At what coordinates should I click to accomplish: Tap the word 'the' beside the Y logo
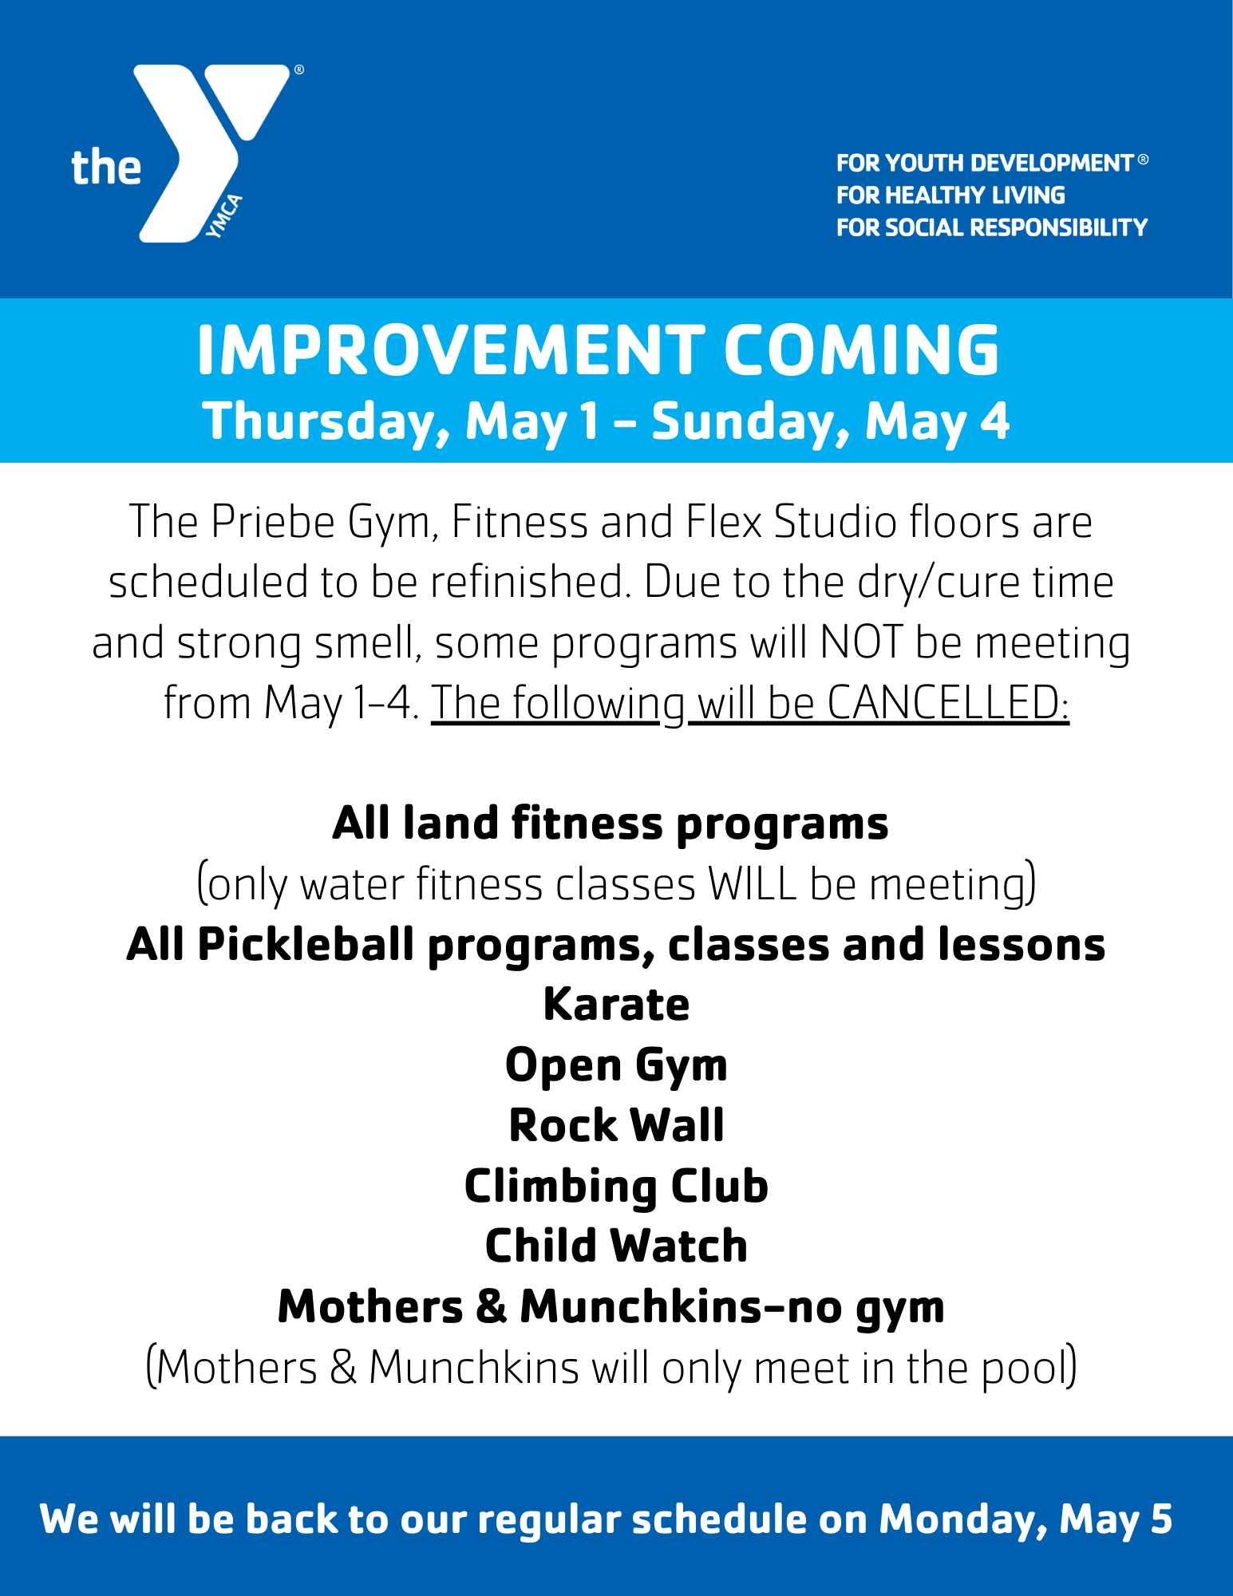pyautogui.click(x=106, y=168)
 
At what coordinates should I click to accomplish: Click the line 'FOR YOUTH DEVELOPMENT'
pyautogui.click(x=985, y=163)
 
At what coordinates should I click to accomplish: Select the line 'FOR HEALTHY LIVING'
pyautogui.click(x=950, y=196)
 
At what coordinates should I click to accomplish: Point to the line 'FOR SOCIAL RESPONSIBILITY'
pyautogui.click(x=991, y=227)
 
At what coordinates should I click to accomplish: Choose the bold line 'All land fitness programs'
pyautogui.click(x=611, y=823)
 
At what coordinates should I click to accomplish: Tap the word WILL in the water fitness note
pyautogui.click(x=753, y=884)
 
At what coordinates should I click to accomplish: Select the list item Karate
pyautogui.click(x=616, y=1004)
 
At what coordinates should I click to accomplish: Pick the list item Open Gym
pyautogui.click(x=616, y=1065)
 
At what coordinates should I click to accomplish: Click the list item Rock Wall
pyautogui.click(x=616, y=1125)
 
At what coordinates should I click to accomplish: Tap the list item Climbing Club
pyautogui.click(x=616, y=1186)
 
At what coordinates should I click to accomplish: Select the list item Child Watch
pyautogui.click(x=616, y=1246)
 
